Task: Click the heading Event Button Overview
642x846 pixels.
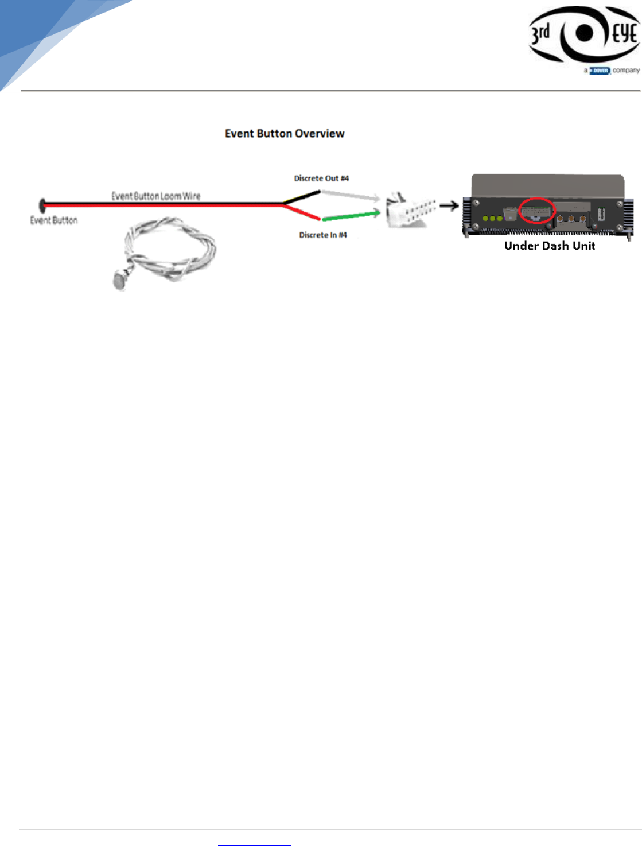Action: tap(285, 134)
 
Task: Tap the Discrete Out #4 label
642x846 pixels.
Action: tap(321, 178)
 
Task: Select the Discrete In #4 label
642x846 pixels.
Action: tap(323, 235)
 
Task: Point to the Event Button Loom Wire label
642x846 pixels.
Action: tap(155, 196)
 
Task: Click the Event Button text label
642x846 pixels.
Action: tap(54, 220)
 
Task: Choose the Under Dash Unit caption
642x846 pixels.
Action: tap(549, 246)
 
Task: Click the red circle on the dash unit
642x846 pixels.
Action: tap(536, 211)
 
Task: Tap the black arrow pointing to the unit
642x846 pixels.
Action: tap(449, 205)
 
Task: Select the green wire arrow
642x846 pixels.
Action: tap(351, 215)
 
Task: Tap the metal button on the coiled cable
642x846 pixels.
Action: tap(120, 281)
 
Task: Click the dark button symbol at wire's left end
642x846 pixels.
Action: tap(42, 205)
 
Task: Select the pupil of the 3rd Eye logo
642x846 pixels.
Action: tap(584, 33)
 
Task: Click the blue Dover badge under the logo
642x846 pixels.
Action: tap(600, 71)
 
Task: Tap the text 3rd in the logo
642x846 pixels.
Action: tap(541, 34)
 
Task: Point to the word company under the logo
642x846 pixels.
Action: tap(626, 71)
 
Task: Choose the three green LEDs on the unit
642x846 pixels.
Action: tap(492, 218)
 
